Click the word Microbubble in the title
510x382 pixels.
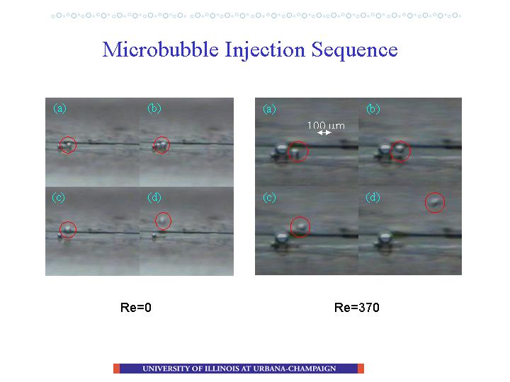pos(160,50)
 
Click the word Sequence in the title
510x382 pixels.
pos(355,50)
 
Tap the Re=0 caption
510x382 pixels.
pos(135,307)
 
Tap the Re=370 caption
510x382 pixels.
pos(356,307)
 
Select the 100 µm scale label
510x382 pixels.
pos(326,125)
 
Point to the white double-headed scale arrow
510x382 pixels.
pos(324,132)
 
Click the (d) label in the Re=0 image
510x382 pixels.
pos(154,197)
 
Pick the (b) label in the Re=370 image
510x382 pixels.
pos(373,109)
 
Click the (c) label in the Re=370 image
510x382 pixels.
pos(269,197)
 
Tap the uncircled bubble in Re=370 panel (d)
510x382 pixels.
pos(385,238)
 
